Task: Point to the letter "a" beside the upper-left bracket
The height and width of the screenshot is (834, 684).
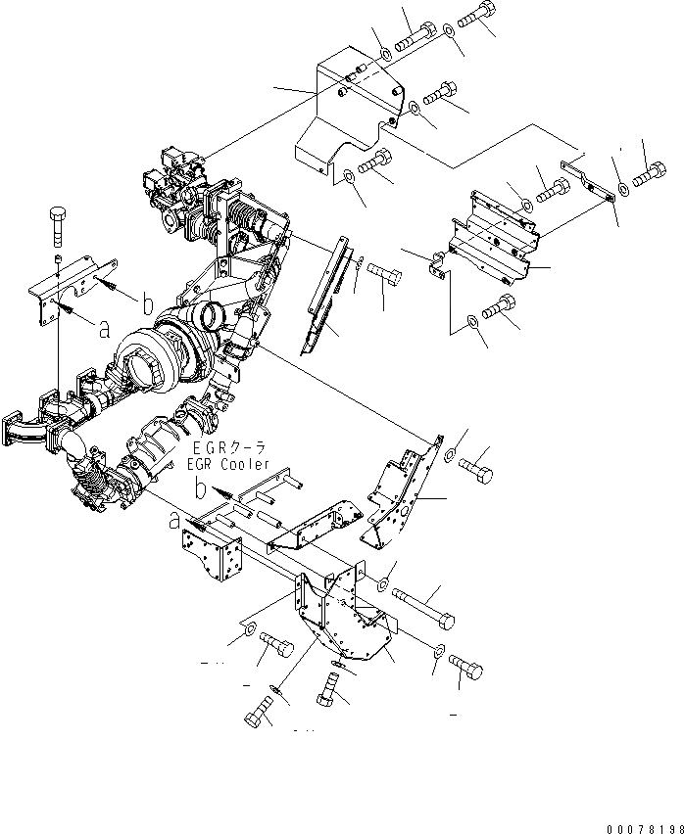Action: pyautogui.click(x=105, y=329)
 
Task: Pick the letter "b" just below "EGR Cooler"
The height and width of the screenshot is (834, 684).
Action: pyautogui.click(x=200, y=486)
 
